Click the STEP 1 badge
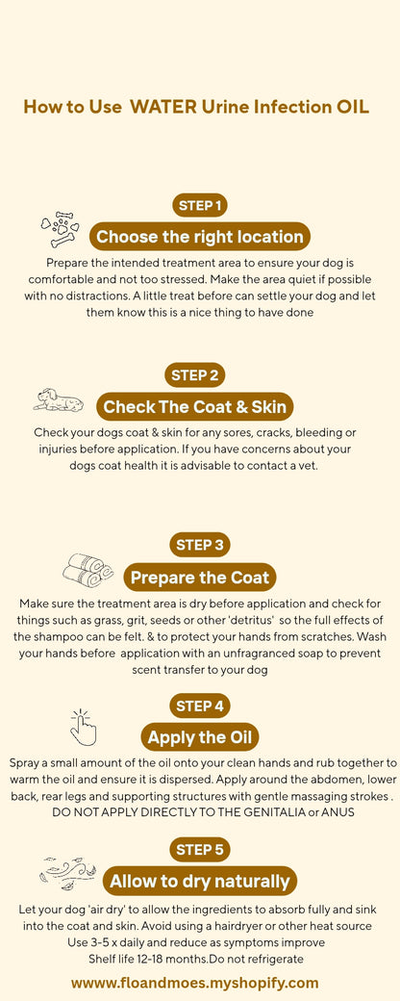pyautogui.click(x=200, y=205)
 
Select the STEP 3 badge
pyautogui.click(x=200, y=545)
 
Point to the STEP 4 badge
pyautogui.click(x=200, y=706)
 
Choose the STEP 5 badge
pyautogui.click(x=200, y=849)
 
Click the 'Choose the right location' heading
pyautogui.click(x=200, y=237)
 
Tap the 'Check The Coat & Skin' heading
pyautogui.click(x=195, y=407)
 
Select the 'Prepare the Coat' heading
pyautogui.click(x=200, y=577)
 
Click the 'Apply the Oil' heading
pyautogui.click(x=200, y=738)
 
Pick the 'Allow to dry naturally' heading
pyautogui.click(x=200, y=881)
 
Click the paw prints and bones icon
pyautogui.click(x=60, y=229)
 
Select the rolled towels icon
pyautogui.click(x=87, y=570)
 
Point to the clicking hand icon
pyautogui.click(x=84, y=727)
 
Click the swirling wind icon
pyautogui.click(x=68, y=873)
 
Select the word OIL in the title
pyautogui.click(x=352, y=106)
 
